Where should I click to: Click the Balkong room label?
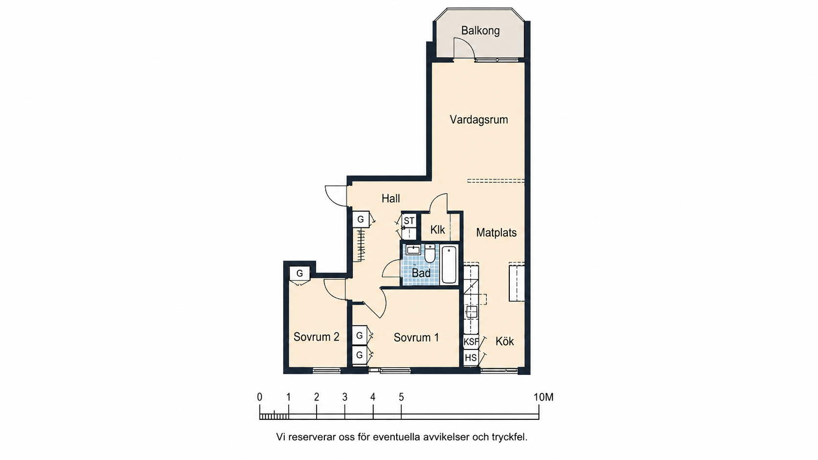coord(480,31)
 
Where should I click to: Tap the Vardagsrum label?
coord(479,120)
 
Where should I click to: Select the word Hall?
coord(391,198)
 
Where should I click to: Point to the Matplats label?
coord(496,232)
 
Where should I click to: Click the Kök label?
coord(505,341)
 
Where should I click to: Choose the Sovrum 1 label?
coord(416,337)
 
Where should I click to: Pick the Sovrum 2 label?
coord(316,337)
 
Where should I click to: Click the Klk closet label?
coord(437,230)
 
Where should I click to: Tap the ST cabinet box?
coord(409,220)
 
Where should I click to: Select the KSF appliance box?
coord(471,342)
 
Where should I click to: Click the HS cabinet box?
coord(471,357)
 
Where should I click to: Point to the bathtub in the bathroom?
coord(449,264)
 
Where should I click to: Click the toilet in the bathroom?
coord(430,253)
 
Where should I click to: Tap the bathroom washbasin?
coord(413,250)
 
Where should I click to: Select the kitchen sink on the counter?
coord(472,312)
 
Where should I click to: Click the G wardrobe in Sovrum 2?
coord(300,274)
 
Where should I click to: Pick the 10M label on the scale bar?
coord(544,397)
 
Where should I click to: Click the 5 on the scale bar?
coord(401,397)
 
